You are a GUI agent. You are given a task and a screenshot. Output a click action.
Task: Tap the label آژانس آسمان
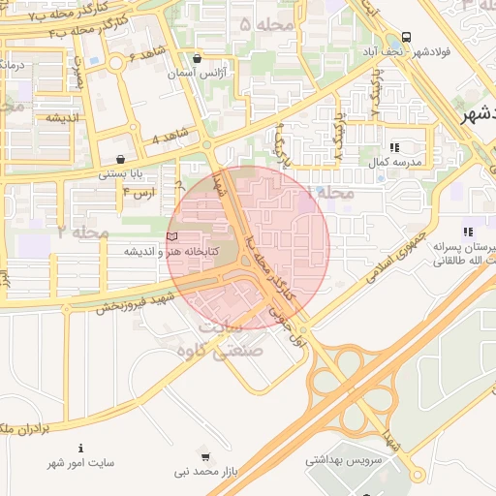tap(198, 74)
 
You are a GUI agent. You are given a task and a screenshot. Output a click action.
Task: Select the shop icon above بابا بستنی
tap(119, 160)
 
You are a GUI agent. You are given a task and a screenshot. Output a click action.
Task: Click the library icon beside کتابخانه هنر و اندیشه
tap(172, 236)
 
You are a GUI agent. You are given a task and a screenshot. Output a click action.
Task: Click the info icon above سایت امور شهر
tap(80, 449)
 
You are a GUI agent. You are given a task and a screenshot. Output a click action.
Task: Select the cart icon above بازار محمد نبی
tap(204, 456)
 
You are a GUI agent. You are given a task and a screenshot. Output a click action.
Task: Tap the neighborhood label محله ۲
tap(79, 232)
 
